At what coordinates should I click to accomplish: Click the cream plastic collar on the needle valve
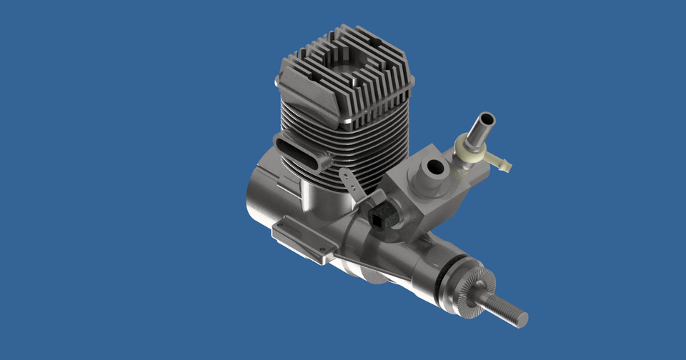click(x=469, y=150)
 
